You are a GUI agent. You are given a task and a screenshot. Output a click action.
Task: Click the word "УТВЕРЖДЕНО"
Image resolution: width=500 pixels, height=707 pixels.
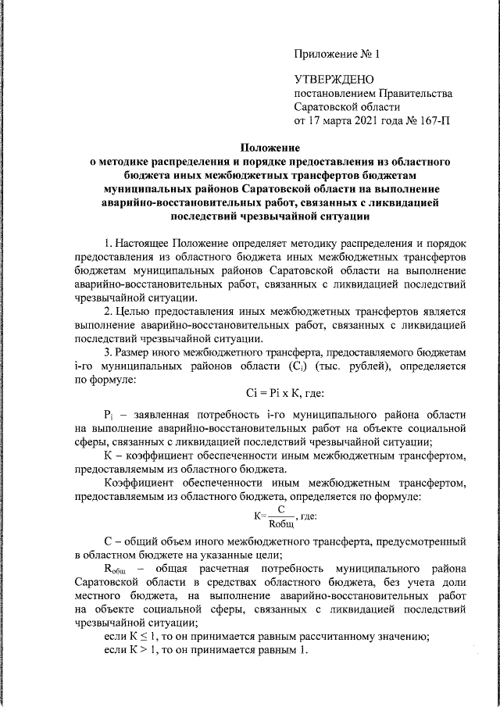[x=334, y=79]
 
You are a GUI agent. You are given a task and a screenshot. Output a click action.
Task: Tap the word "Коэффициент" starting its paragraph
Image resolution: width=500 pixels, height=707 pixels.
[x=137, y=484]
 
